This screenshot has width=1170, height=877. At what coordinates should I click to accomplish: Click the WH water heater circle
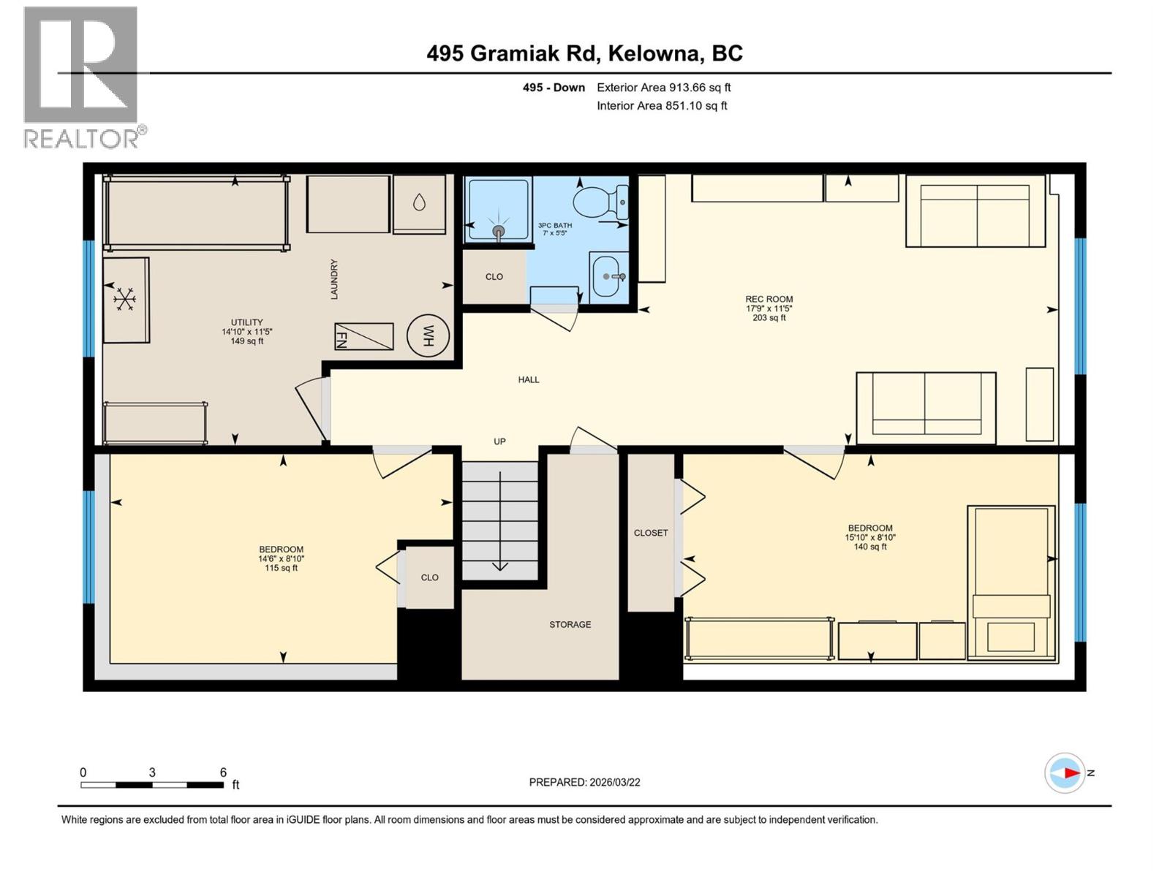[x=428, y=336]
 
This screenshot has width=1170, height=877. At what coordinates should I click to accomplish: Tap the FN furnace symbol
[x=363, y=337]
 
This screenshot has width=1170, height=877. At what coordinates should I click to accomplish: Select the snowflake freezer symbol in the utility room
[x=125, y=299]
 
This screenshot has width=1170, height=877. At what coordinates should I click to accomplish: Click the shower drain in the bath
[x=498, y=231]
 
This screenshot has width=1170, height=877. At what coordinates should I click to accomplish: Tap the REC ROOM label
[x=769, y=299]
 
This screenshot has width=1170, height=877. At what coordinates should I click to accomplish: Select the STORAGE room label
[x=570, y=625]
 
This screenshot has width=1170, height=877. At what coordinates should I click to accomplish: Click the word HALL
[x=529, y=380]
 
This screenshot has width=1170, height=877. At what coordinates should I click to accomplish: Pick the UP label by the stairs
[x=499, y=441]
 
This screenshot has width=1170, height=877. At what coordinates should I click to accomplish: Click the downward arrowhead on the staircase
[x=500, y=566]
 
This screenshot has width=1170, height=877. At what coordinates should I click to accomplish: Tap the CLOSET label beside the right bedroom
[x=651, y=533]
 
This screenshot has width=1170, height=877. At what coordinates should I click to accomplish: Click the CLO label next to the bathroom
[x=494, y=277]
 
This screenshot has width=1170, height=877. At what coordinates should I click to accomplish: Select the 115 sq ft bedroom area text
[x=282, y=569]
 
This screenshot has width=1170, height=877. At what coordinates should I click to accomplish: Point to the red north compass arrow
[x=1071, y=772]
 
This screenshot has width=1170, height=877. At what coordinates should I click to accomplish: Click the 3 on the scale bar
[x=152, y=772]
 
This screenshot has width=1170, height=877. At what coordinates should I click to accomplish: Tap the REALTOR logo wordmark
[x=84, y=138]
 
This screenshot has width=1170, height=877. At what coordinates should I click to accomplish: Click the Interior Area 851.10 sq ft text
[x=662, y=105]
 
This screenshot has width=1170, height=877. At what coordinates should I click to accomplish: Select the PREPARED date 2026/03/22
[x=584, y=782]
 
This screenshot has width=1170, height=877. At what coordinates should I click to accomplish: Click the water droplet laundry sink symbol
[x=419, y=202]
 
